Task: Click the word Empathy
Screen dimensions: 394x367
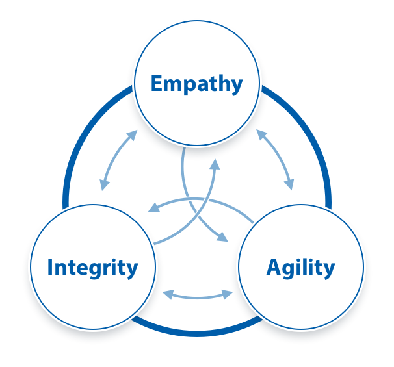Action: [x=197, y=84]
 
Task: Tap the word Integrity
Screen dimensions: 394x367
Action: [x=93, y=268]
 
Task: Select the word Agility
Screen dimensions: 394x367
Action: [x=301, y=268]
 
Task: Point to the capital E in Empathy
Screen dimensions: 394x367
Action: [x=157, y=83]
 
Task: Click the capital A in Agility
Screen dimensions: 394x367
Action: [x=274, y=267]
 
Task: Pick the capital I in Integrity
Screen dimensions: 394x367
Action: [x=50, y=267]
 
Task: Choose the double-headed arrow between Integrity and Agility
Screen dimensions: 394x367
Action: [x=198, y=297]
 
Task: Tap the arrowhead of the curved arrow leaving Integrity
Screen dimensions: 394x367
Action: [x=215, y=164]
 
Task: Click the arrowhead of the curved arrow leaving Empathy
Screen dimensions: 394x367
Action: [x=222, y=237]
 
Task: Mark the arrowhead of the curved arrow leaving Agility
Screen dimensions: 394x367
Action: [x=154, y=208]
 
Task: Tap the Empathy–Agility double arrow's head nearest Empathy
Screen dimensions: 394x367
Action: [x=261, y=134]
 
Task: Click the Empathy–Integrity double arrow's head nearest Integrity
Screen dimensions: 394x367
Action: [x=104, y=185]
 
